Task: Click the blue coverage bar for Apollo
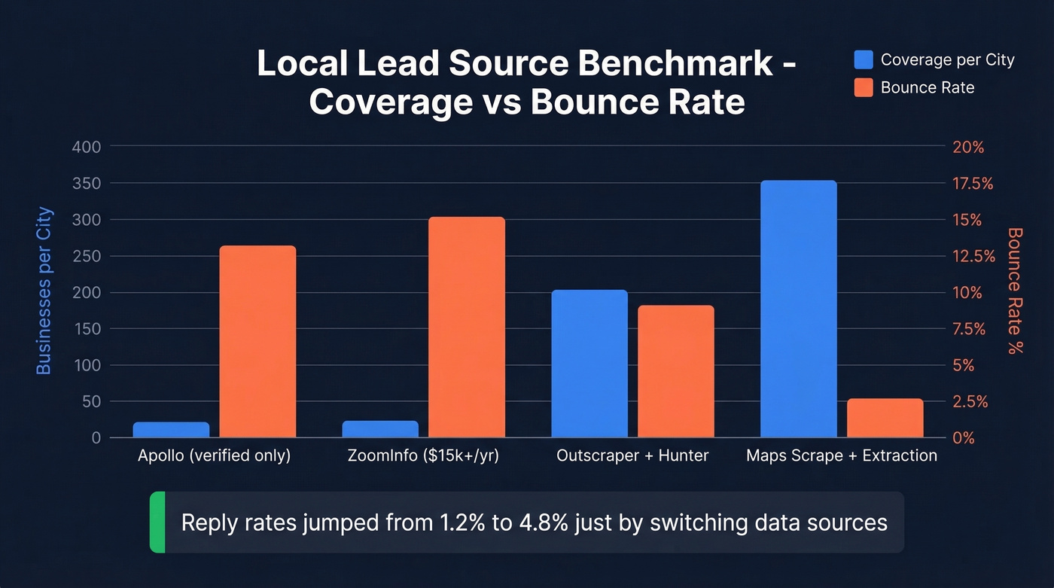pos(171,430)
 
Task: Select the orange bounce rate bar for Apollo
pos(257,342)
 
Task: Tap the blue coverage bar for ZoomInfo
pos(380,429)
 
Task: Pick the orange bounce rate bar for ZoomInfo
pos(467,328)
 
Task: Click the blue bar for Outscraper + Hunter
pos(589,364)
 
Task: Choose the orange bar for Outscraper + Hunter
pos(676,371)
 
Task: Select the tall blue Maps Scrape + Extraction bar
pos(799,309)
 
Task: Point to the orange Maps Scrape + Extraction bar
pos(885,418)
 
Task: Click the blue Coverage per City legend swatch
pos(864,59)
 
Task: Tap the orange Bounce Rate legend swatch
pos(864,87)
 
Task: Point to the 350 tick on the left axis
pos(86,184)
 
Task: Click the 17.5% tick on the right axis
pos(973,184)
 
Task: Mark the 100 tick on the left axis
pos(86,365)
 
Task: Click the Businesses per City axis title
pos(44,291)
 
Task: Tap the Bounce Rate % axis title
pos(1016,291)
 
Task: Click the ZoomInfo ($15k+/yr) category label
pos(423,455)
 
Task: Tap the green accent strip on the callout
pos(157,522)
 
